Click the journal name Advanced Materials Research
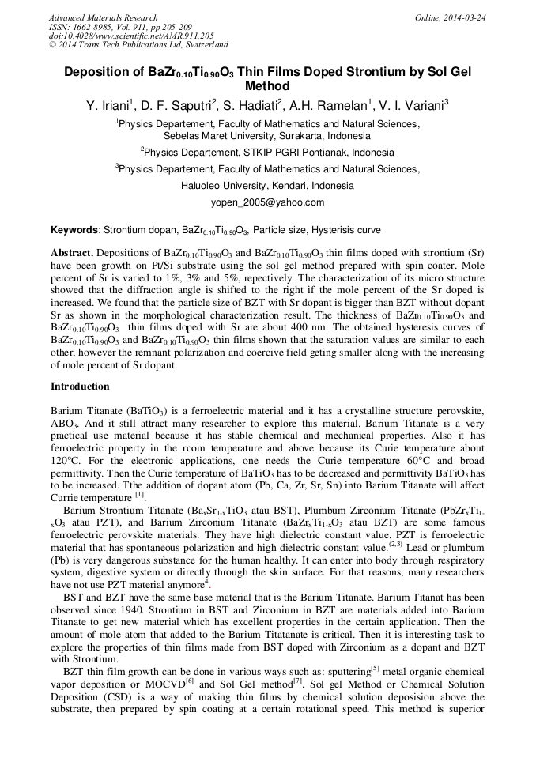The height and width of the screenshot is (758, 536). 103,17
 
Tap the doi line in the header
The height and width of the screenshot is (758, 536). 131,36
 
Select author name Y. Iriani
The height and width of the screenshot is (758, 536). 108,104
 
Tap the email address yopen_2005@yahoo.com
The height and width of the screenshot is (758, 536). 267,202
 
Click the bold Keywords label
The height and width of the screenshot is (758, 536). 75,230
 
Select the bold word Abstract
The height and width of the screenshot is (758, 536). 72,252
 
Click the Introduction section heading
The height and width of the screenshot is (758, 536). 80,387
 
